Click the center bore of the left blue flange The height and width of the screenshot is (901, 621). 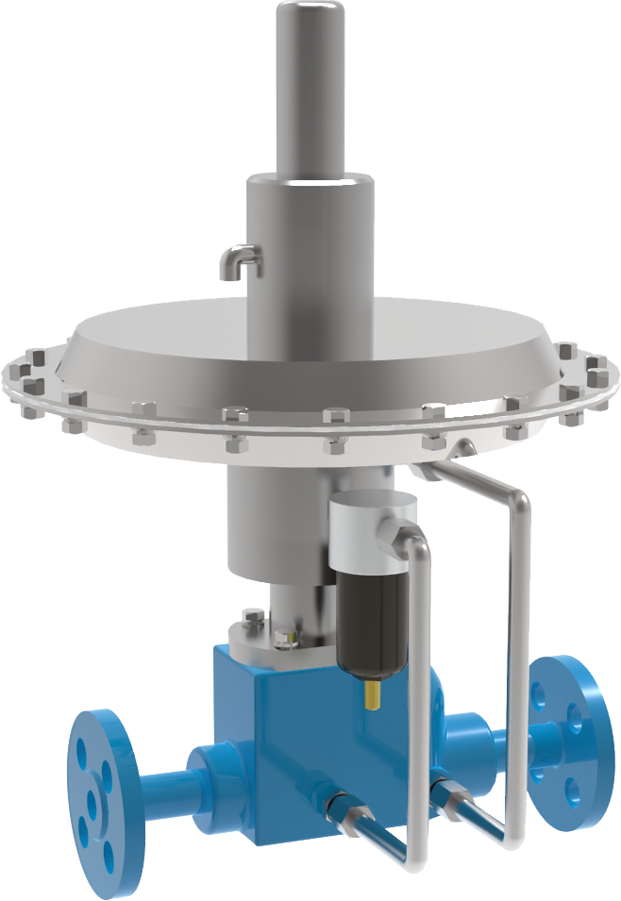tap(92, 802)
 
